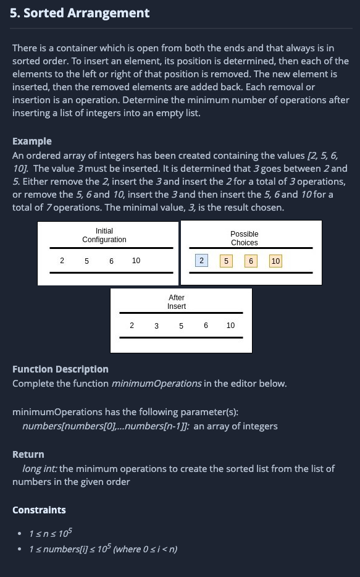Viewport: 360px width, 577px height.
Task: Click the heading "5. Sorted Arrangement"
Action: click(80, 13)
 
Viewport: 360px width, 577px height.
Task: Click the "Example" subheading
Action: click(32, 141)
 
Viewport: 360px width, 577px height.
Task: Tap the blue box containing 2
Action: click(201, 261)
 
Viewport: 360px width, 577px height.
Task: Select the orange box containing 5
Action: click(226, 261)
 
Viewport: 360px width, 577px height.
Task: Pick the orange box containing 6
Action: click(251, 261)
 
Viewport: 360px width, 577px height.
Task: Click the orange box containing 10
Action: click(275, 261)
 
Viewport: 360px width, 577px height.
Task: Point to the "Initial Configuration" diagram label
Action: click(104, 235)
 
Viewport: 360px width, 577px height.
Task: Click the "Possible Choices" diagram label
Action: click(244, 238)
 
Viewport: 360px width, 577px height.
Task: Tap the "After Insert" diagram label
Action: click(177, 302)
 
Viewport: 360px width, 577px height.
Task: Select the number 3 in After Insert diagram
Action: click(156, 326)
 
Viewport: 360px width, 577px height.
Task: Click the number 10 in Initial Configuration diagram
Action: click(136, 261)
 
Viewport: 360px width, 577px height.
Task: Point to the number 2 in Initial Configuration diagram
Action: click(62, 261)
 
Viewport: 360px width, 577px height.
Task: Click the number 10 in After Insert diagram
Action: click(230, 326)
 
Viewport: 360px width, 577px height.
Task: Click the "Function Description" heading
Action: click(61, 369)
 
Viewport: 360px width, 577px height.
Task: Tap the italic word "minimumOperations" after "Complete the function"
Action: click(156, 384)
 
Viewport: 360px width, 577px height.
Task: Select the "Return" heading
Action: click(28, 454)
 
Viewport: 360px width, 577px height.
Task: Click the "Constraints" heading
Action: click(39, 510)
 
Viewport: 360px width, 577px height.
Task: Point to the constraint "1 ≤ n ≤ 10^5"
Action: click(52, 533)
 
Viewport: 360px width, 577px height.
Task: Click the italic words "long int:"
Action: click(40, 469)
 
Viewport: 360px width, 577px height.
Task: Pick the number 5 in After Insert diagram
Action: click(181, 326)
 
